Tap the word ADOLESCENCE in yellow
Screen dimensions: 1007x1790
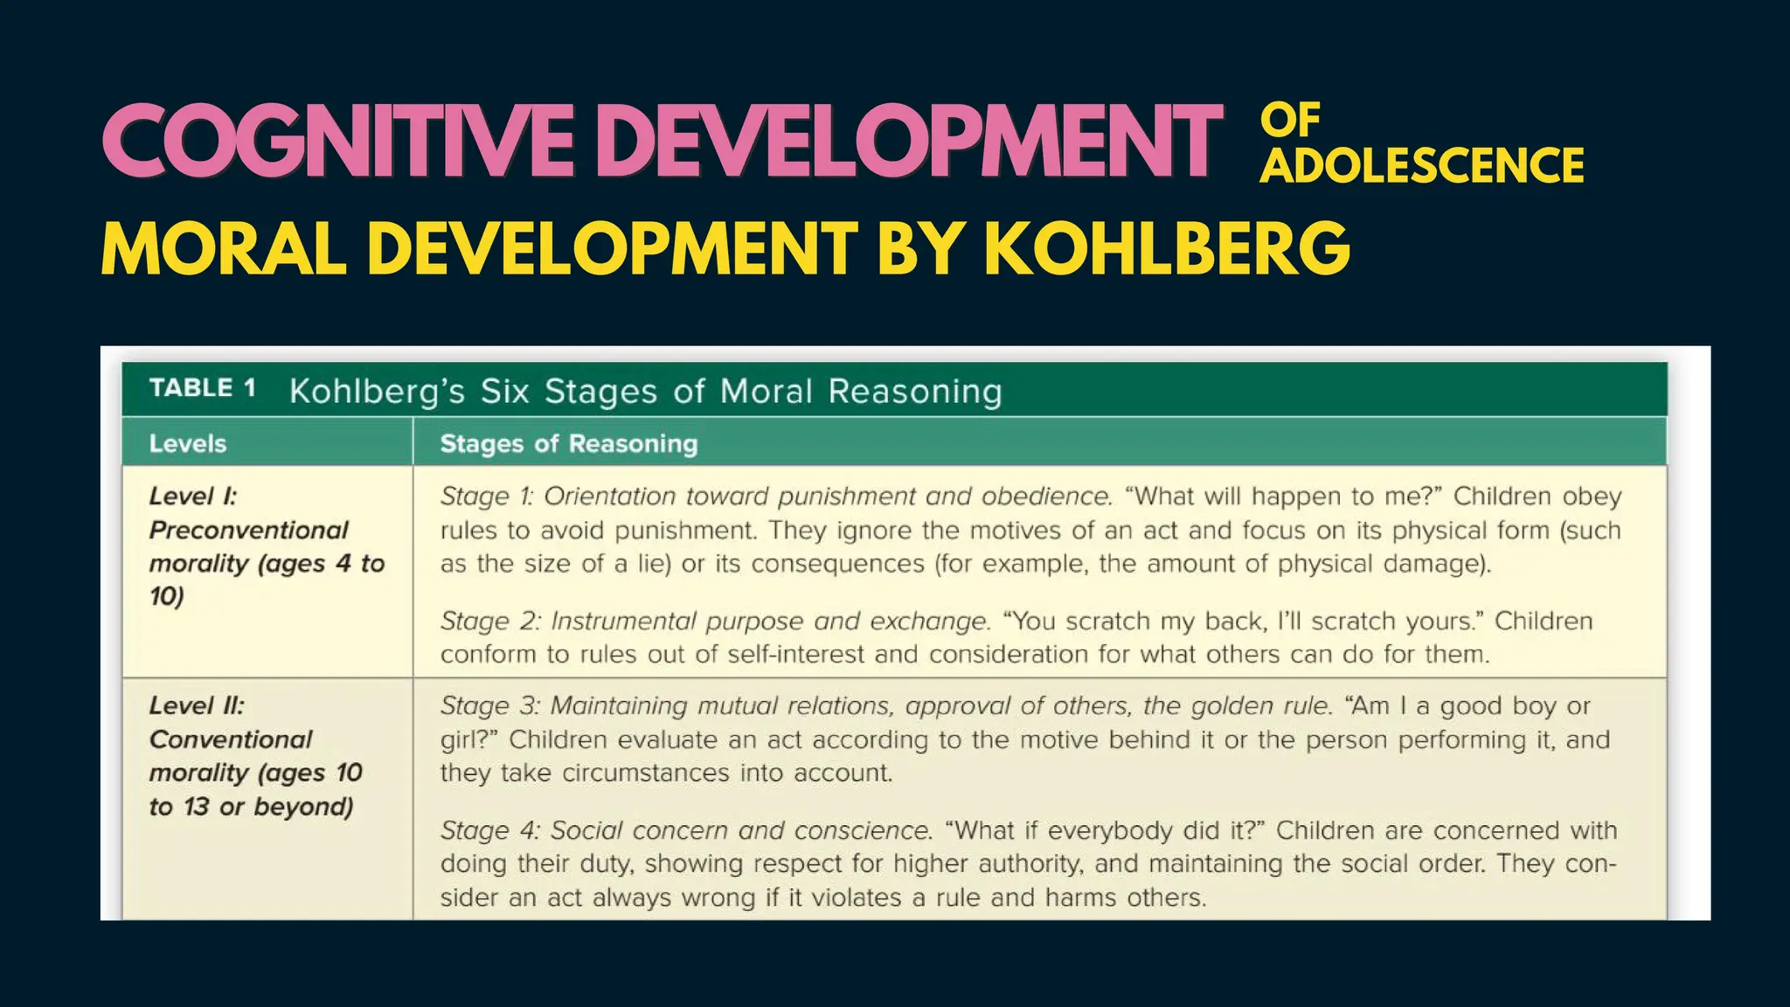click(x=1421, y=166)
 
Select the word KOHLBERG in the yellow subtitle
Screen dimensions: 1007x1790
click(x=1167, y=249)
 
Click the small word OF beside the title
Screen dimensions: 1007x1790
click(x=1290, y=121)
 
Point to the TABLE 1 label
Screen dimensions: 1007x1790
click(x=202, y=388)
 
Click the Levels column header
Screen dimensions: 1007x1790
click(x=187, y=444)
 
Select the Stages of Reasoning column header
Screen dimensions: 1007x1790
click(x=569, y=444)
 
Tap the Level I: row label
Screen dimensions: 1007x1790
click(x=192, y=497)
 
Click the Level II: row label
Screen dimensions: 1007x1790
click(x=197, y=705)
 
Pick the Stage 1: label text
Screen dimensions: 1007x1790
click(x=486, y=497)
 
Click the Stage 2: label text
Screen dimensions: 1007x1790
click(x=489, y=622)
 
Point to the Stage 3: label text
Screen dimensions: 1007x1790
click(x=489, y=705)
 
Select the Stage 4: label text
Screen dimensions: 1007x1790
click(x=489, y=830)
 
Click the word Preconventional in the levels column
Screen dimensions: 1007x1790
click(x=248, y=530)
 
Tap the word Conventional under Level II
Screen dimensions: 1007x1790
click(x=230, y=740)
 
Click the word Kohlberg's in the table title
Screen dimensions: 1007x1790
click(x=377, y=392)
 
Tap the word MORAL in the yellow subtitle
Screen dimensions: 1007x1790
click(x=224, y=249)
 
